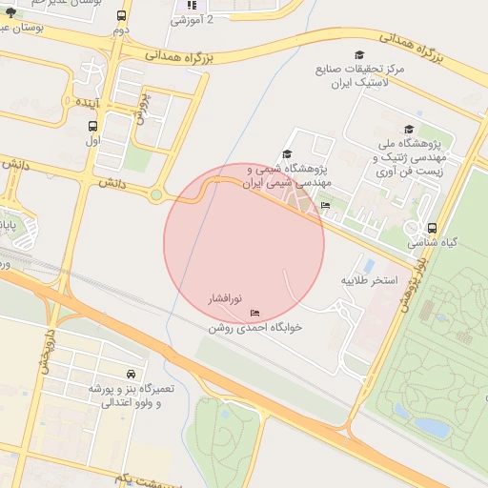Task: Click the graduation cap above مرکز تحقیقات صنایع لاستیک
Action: [x=359, y=55]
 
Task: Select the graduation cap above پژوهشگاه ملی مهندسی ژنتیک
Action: [x=409, y=130]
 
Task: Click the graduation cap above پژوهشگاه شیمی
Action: [x=287, y=154]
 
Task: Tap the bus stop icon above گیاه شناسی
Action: [x=433, y=229]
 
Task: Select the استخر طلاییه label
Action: [x=369, y=281]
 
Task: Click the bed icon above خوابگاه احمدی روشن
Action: [x=254, y=313]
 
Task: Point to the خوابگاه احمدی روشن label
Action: [x=255, y=327]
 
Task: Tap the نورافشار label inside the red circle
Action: [x=227, y=299]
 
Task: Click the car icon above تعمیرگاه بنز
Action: [x=130, y=374]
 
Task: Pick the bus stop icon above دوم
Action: [x=121, y=16]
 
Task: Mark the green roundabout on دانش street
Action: [x=155, y=196]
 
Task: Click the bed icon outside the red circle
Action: [x=326, y=205]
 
